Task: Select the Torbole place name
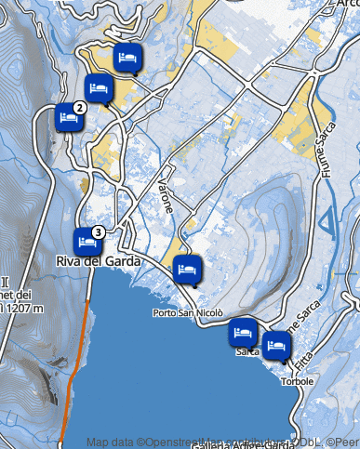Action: point(297,381)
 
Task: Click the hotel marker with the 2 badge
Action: point(67,119)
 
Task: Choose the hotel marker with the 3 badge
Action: point(87,242)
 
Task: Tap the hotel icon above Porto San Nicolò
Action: point(187,269)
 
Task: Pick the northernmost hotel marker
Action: point(128,59)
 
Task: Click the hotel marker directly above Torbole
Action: point(275,346)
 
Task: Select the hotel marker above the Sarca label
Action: point(243,332)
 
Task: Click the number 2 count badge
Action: point(80,108)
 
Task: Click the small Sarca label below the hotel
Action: point(247,352)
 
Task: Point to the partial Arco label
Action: point(347,4)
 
